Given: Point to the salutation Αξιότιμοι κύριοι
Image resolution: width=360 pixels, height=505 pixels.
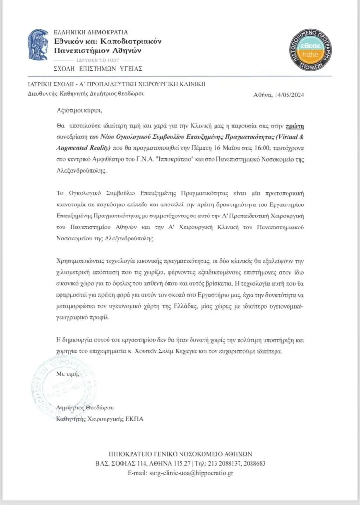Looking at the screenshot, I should click(76, 110).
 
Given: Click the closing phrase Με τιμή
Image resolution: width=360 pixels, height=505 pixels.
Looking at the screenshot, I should click(66, 373).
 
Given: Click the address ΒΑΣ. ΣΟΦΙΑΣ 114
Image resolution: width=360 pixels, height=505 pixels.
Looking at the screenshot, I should click(122, 463).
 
